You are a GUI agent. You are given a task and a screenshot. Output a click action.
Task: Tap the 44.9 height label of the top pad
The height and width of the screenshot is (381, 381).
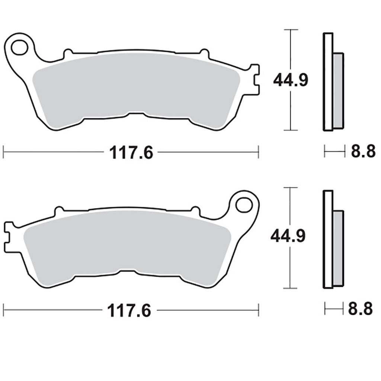[291, 80]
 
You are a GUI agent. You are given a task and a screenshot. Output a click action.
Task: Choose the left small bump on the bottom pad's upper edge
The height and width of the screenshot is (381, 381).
[59, 211]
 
